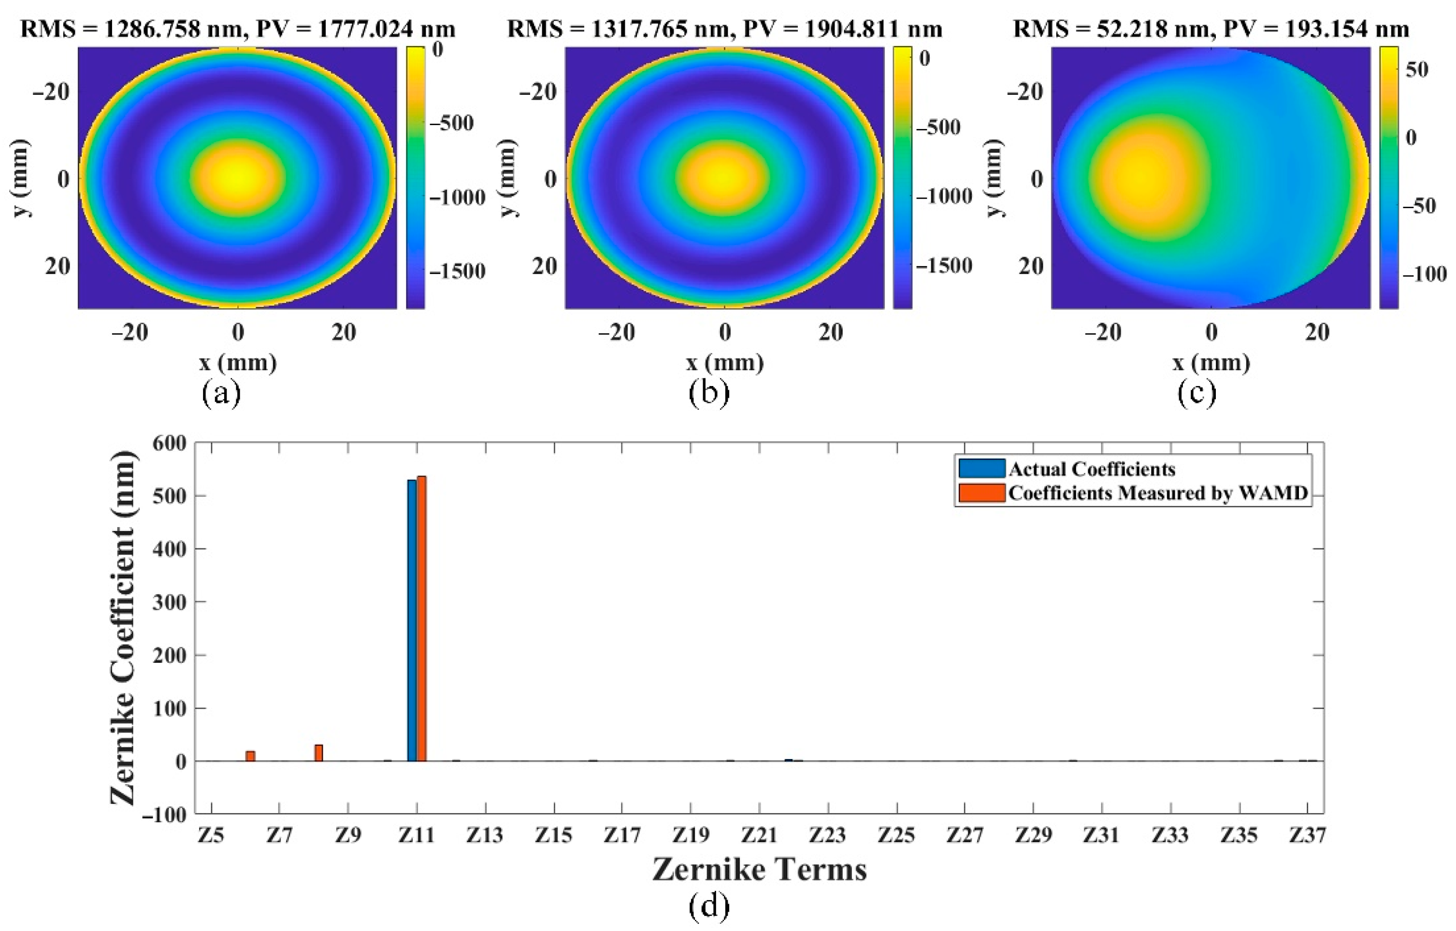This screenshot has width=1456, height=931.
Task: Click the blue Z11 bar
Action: pos(412,620)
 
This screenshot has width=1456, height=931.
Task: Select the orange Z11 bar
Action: pos(421,618)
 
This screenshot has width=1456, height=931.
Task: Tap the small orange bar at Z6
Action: pos(250,756)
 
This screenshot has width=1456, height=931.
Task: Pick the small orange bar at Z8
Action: pos(318,752)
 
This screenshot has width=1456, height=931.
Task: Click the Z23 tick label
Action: pos(827,835)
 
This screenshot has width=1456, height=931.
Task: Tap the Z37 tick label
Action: pos(1307,835)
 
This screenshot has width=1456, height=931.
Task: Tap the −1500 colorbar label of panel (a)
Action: pos(457,272)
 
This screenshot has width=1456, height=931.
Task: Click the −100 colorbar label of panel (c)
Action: pos(1425,274)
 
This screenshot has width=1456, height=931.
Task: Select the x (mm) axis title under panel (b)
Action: pos(725,363)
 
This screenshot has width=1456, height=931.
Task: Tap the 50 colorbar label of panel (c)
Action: pos(1417,69)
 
